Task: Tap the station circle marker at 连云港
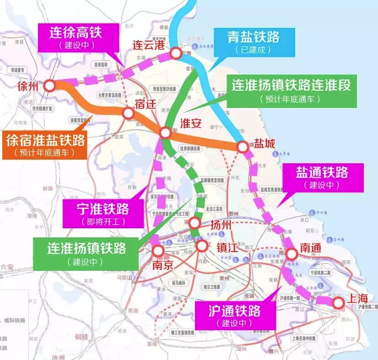coord(175,54)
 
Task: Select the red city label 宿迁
coord(145,104)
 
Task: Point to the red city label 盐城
coord(265,144)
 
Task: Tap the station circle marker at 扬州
coord(195,223)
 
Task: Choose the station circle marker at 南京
coord(158,251)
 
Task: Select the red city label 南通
coord(311,247)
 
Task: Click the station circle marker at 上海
coord(338,302)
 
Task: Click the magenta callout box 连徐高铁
coord(78,38)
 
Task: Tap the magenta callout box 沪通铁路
coord(235,316)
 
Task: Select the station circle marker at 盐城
coord(243,147)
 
